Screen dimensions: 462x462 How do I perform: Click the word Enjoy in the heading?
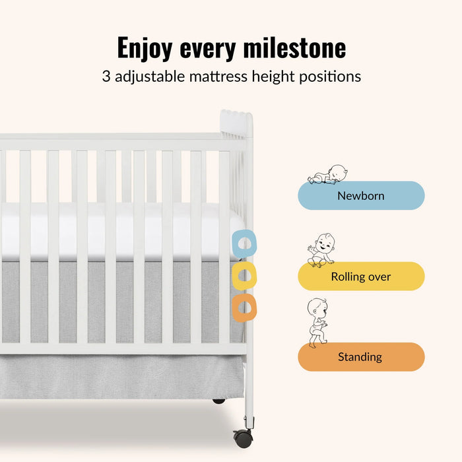[145, 48]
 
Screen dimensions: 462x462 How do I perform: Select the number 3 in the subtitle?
[106, 77]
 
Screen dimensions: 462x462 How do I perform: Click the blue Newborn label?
[361, 195]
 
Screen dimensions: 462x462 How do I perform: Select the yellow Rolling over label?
[361, 277]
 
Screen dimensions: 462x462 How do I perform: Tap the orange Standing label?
[361, 357]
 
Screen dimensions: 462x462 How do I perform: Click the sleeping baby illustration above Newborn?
[327, 174]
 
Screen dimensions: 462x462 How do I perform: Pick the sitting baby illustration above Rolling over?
[321, 250]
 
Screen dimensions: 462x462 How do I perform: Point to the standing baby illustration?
[317, 323]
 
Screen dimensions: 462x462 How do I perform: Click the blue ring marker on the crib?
[244, 244]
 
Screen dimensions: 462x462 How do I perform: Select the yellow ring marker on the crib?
[244, 276]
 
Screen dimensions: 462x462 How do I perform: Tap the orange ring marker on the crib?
[244, 307]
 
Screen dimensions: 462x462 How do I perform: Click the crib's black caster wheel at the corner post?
[242, 438]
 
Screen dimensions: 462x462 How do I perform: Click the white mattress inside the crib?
[119, 231]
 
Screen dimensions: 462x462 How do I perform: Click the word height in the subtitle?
[272, 77]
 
